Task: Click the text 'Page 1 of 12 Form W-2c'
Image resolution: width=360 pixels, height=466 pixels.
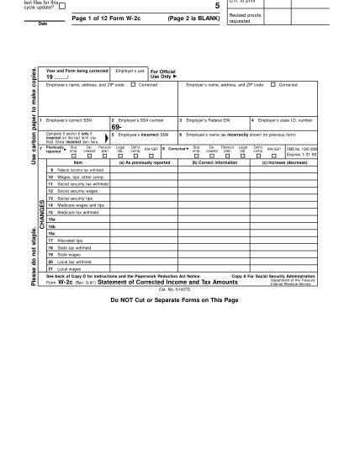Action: [109, 18]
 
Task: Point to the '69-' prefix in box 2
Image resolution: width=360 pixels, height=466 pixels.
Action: [118, 127]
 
